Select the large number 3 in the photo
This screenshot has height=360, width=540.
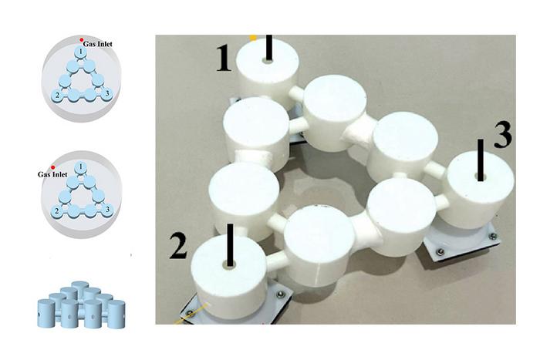501,135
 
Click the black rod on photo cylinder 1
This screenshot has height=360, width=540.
268,47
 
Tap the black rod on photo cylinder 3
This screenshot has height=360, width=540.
481,159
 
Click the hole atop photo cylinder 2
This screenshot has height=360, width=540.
229,264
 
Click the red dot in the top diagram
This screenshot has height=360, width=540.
82,39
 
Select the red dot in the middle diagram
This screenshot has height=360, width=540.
52,167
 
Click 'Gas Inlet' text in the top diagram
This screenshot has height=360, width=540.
99,45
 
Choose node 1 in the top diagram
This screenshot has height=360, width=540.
79,52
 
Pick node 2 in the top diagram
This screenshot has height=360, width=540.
56,95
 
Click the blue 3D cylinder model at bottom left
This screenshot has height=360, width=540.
80,305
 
